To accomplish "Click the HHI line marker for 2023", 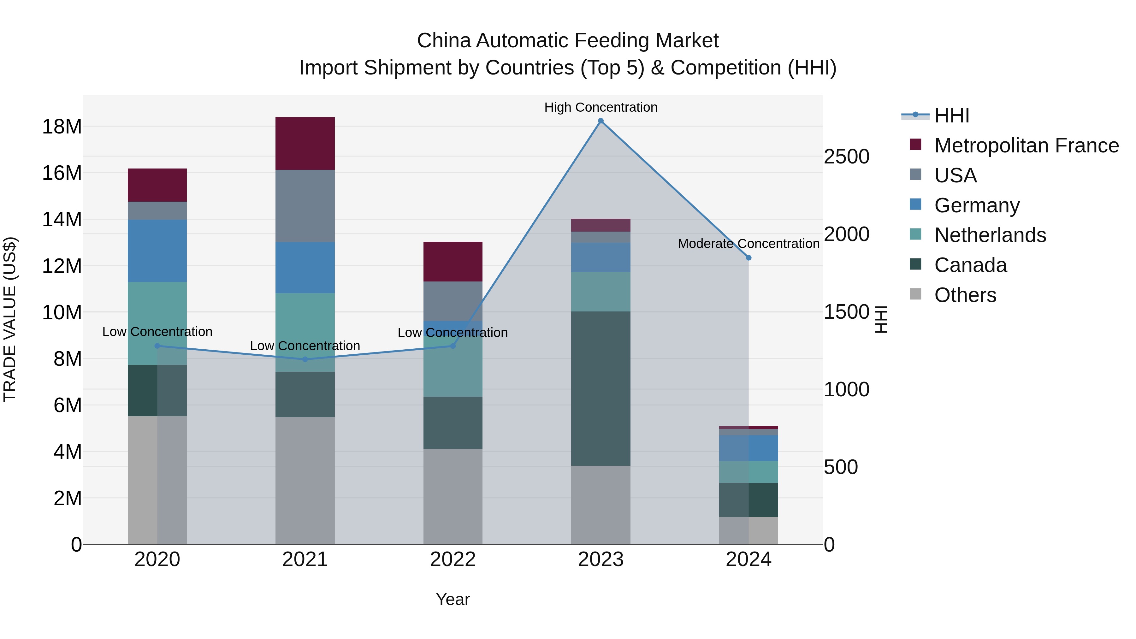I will pos(601,121).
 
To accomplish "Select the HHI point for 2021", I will pos(305,359).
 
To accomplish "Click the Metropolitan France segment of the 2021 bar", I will pos(305,143).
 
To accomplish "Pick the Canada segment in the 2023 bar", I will pos(601,388).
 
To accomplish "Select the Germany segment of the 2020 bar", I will pos(157,251).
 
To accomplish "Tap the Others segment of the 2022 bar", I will pos(453,496).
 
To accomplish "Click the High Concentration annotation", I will pos(601,107).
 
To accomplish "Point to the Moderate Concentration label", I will pos(748,243).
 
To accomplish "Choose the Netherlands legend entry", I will pos(990,235).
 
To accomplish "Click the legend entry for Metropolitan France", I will pos(1026,145).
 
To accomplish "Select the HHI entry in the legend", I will pos(952,115).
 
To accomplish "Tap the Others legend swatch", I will pos(915,294).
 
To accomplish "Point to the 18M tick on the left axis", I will pos(62,127).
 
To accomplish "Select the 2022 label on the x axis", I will pos(453,559).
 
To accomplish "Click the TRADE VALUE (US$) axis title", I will pos(10,319).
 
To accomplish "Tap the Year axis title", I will pos(453,599).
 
